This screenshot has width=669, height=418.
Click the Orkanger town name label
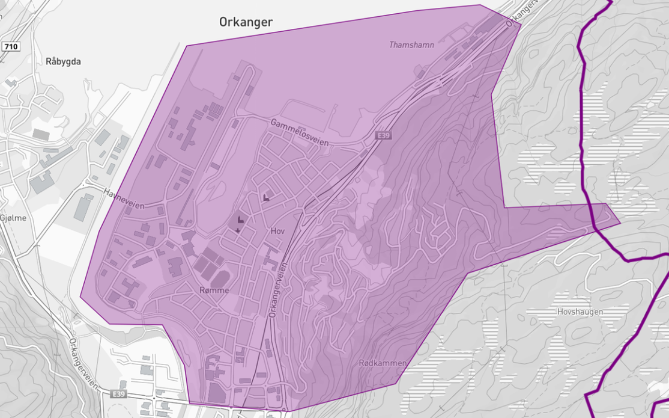245,22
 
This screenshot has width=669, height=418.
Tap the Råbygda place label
63,61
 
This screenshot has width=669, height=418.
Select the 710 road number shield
10,46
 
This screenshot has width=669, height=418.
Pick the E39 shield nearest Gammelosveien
383,137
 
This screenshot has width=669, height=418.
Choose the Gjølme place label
13,218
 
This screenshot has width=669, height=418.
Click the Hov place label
277,231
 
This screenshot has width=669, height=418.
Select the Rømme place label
215,290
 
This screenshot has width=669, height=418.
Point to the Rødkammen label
383,363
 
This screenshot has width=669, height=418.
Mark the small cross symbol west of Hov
238,230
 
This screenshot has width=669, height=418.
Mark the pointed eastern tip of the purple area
620,223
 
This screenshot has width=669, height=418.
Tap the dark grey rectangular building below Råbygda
41,134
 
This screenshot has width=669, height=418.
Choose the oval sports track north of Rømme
220,279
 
